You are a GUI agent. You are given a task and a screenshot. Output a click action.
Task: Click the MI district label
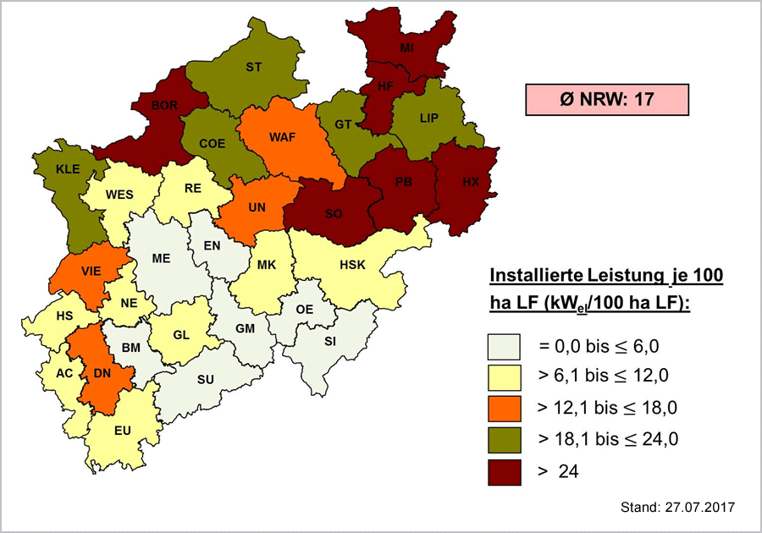click(406, 49)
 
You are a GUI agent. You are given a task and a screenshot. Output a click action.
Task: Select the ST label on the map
click(253, 67)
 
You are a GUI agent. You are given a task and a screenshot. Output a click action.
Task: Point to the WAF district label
click(282, 137)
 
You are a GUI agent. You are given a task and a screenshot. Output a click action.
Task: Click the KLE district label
click(67, 168)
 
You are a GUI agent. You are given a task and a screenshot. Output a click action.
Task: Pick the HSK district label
click(351, 265)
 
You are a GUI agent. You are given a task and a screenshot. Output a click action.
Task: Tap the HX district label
click(471, 182)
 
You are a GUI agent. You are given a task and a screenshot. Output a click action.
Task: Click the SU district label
click(205, 379)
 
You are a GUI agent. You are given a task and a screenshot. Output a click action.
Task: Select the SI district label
click(330, 340)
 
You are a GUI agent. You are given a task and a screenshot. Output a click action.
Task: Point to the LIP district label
click(429, 118)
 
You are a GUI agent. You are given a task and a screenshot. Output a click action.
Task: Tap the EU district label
click(123, 431)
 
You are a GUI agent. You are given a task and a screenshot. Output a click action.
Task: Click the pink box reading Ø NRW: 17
click(606, 99)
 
